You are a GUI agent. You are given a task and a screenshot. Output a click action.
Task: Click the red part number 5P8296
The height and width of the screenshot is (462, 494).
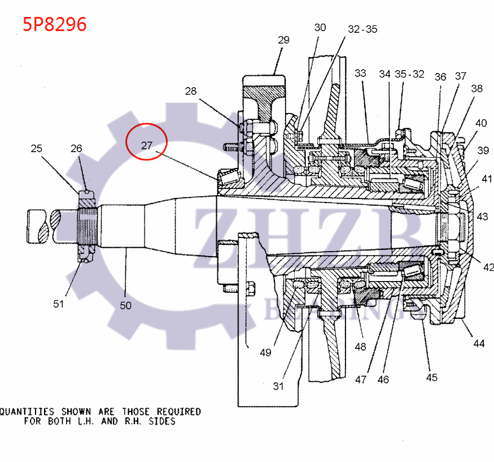coord(55,25)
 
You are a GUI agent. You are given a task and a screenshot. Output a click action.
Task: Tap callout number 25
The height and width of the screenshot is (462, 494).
coord(37,149)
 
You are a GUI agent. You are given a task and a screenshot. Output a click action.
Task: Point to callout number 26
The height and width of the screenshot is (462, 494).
coord(76,149)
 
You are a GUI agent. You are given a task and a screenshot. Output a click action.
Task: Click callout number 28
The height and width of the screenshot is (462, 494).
coord(191,92)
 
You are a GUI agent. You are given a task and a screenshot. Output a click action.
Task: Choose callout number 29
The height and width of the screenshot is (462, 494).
coord(283,40)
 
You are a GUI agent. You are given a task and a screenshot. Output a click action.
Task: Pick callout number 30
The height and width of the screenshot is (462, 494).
coord(320,27)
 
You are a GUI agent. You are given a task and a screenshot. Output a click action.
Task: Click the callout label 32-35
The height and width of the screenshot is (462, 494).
coord(362,29)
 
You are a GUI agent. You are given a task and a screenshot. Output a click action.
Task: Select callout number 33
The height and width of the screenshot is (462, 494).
coord(360,74)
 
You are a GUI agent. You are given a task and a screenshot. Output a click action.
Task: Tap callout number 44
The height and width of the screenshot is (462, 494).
coord(479,343)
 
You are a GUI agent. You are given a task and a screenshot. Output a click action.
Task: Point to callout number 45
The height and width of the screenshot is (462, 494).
coord(431,377)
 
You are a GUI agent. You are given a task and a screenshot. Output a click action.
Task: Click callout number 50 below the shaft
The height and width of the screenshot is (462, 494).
coord(125,305)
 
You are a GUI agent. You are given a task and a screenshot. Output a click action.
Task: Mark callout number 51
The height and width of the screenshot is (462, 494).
coord(59,304)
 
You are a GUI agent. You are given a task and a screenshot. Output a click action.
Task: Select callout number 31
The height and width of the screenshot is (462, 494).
coord(278,386)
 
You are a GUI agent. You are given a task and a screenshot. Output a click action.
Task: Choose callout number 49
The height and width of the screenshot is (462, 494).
coord(265,352)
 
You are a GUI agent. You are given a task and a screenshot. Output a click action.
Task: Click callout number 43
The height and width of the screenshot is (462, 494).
coord(482,217)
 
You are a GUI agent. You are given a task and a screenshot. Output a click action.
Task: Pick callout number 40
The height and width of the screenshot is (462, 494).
coord(481,123)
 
